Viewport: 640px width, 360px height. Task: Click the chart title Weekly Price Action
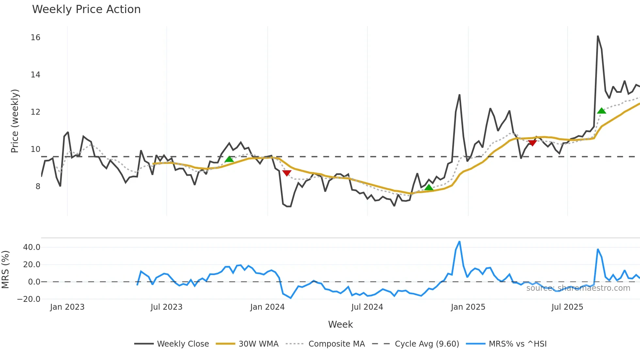click(86, 9)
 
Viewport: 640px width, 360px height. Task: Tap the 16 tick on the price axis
click(36, 38)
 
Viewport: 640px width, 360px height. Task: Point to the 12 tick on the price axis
click(36, 112)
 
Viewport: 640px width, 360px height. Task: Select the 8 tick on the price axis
click(38, 187)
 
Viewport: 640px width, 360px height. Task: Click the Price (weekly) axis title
click(15, 121)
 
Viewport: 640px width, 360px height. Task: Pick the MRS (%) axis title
click(6, 270)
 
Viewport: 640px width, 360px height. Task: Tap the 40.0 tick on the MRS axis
click(32, 247)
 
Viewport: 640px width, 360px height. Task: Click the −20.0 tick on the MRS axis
click(29, 299)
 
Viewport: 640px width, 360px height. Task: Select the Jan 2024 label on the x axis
click(267, 307)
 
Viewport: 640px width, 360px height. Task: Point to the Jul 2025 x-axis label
click(567, 307)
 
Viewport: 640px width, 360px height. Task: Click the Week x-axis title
click(340, 324)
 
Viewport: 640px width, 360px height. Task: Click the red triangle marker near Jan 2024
click(287, 173)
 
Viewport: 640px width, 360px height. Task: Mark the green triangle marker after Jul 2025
click(601, 111)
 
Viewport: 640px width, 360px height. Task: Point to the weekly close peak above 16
click(598, 36)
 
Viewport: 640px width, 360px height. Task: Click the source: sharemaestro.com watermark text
click(578, 288)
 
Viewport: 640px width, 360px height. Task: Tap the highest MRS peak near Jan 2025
click(459, 242)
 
